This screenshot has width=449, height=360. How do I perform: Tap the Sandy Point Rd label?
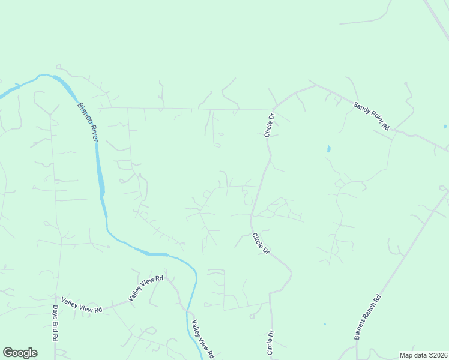pos(371,116)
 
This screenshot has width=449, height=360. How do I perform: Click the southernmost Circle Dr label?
pos(271,342)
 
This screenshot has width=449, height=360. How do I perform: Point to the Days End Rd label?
pos(54,323)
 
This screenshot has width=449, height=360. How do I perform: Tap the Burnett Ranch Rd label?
pos(367,317)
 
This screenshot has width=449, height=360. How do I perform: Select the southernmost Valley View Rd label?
pos(202,339)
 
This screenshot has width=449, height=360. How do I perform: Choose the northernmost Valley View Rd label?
pos(145,288)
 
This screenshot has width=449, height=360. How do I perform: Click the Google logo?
pos(20,353)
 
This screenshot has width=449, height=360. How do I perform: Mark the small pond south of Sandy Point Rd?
pos(328,148)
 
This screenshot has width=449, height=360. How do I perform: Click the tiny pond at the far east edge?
pos(445,127)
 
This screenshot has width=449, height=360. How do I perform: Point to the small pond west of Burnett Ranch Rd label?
pos(324,324)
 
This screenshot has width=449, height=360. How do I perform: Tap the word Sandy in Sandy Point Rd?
pos(360,108)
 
